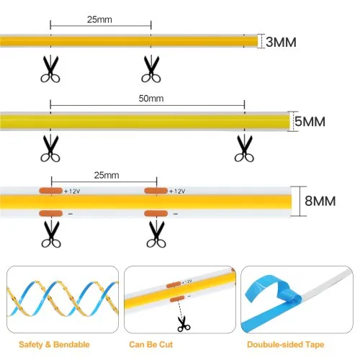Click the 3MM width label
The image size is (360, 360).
coord(281,42)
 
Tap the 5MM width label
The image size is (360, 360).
coord(310,121)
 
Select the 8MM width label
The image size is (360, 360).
coord(320,201)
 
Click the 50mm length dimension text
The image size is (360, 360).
coord(151,99)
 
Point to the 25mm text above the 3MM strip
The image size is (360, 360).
coord(99,19)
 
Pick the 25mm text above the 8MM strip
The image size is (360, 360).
coord(107,175)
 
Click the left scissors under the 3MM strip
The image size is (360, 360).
coord(50,69)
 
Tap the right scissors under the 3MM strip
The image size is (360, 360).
coord(151,69)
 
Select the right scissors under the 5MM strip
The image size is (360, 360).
coord(244,148)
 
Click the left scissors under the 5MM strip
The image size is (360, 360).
coord(50,148)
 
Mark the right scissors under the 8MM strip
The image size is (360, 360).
coord(156,234)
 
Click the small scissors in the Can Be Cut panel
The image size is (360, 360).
coord(184,324)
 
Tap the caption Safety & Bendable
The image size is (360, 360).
coord(54,345)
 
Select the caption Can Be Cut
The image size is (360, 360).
coord(150,345)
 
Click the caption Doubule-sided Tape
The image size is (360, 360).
coord(286,345)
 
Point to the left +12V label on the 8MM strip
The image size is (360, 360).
coord(72,192)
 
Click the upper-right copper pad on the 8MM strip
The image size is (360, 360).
coord(156,191)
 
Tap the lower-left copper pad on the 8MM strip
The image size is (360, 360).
coord(50,213)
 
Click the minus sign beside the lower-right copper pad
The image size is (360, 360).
coord(176,214)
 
